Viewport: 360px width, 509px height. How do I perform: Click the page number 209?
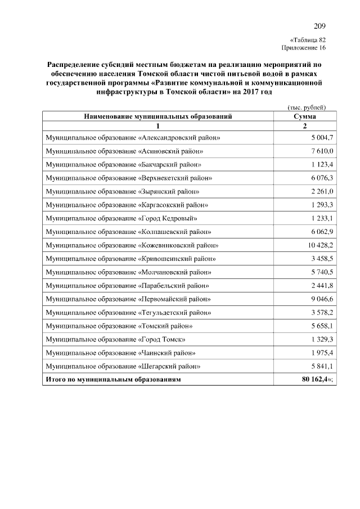pyautogui.click(x=319, y=26)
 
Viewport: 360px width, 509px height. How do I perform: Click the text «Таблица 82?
pyautogui.click(x=308, y=40)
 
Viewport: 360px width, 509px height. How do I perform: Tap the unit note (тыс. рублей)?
pyautogui.click(x=303, y=107)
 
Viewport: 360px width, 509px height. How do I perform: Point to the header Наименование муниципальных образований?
pyautogui.click(x=158, y=116)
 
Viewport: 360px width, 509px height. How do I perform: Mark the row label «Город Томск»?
pyautogui.click(x=116, y=340)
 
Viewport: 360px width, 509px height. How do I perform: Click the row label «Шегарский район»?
pyautogui.click(x=123, y=367)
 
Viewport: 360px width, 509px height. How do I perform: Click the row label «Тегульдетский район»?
pyautogui.click(x=128, y=313)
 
